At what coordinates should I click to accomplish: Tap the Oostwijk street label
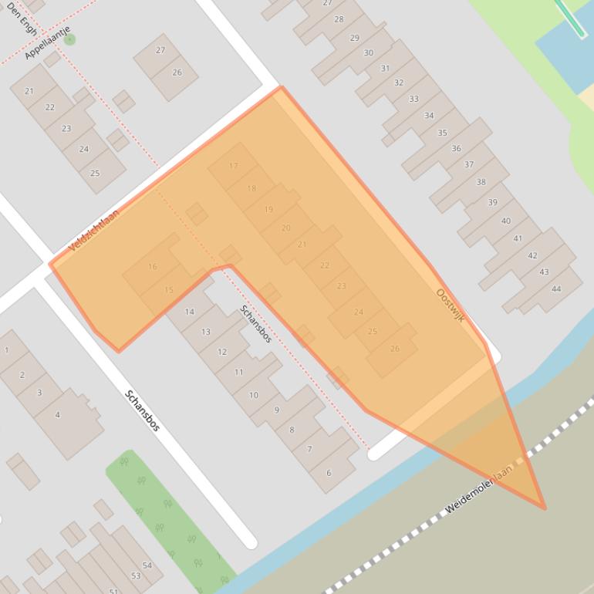tap(451, 305)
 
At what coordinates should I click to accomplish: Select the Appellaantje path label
tap(47, 42)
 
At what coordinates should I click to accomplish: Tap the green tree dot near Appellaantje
tap(69, 39)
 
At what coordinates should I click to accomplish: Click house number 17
tap(234, 166)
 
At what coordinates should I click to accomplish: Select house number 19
tap(268, 210)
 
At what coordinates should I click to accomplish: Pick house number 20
tap(286, 228)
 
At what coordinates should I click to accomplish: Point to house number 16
tap(152, 267)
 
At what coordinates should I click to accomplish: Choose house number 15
tap(169, 290)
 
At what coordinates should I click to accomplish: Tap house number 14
tap(189, 312)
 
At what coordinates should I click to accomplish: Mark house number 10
tap(253, 395)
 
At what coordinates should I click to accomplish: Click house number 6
tap(329, 473)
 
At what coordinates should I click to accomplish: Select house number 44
tap(556, 289)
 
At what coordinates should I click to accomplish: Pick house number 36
tap(456, 149)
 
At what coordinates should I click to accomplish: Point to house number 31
tap(385, 69)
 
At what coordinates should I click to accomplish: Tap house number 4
tap(57, 415)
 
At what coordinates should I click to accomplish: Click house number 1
tap(7, 350)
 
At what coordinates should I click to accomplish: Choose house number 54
tap(147, 565)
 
